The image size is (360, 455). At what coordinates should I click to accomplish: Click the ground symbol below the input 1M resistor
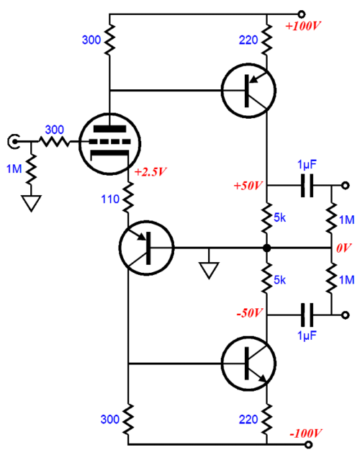click(x=30, y=203)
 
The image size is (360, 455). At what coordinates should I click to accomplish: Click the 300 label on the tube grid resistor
click(x=54, y=130)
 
